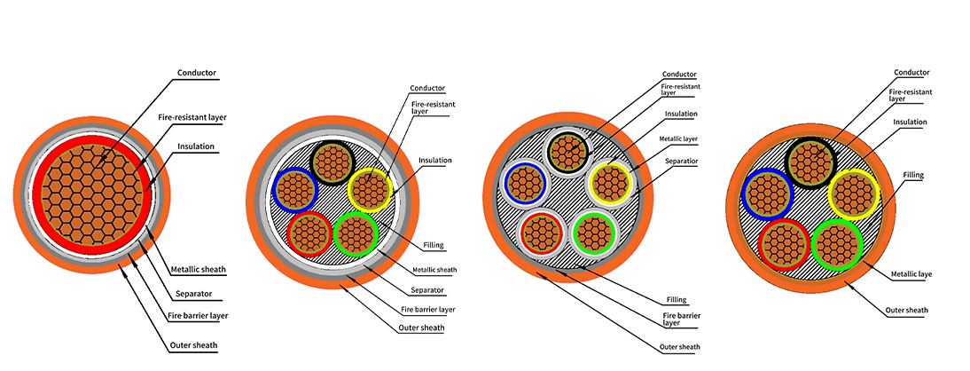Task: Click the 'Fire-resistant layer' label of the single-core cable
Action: (192, 117)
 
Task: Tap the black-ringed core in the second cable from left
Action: (332, 162)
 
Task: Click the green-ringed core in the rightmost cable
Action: (837, 244)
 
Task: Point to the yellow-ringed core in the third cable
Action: (611, 184)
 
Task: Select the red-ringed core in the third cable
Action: (541, 233)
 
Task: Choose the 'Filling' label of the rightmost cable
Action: (913, 176)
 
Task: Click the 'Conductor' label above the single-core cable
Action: (197, 73)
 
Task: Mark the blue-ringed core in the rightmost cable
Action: (765, 193)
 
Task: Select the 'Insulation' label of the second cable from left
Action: (435, 161)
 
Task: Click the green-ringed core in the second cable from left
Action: (355, 234)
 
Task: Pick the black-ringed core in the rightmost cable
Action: (810, 163)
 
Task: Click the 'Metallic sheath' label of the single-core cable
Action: (196, 270)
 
